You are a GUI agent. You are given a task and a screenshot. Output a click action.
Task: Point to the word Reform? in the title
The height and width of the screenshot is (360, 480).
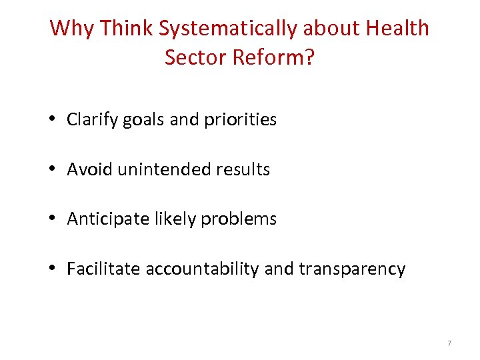tap(274, 57)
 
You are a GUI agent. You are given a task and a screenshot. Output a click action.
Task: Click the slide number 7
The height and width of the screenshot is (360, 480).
tap(449, 343)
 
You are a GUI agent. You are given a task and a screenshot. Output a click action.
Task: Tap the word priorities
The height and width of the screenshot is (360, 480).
tap(235, 120)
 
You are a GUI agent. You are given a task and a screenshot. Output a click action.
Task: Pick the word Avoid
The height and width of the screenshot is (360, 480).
tap(90, 170)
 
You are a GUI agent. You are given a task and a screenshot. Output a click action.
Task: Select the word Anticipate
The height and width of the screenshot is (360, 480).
tap(105, 219)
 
